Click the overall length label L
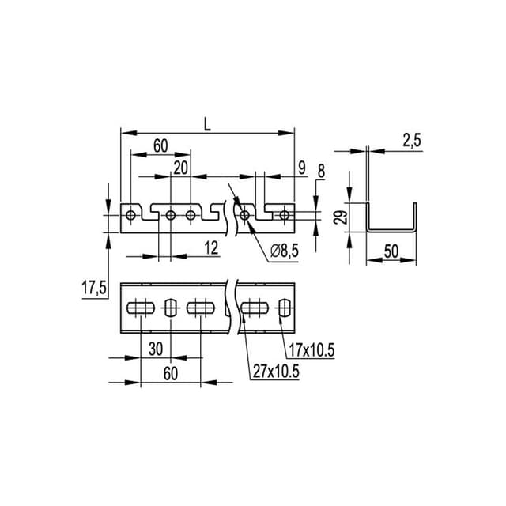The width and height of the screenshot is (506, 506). [207, 124]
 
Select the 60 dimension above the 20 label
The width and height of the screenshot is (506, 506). [160, 145]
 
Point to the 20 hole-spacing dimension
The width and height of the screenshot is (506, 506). [181, 167]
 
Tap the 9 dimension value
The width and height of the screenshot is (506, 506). [302, 167]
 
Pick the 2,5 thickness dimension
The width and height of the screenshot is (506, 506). [411, 140]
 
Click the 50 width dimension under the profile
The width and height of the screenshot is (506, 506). [391, 251]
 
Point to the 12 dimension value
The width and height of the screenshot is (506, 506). [210, 247]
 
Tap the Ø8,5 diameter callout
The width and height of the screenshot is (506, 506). [284, 251]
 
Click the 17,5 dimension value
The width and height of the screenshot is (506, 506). [94, 289]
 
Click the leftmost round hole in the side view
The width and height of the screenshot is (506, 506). [130, 214]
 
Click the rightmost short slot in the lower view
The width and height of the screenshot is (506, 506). [284, 306]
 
